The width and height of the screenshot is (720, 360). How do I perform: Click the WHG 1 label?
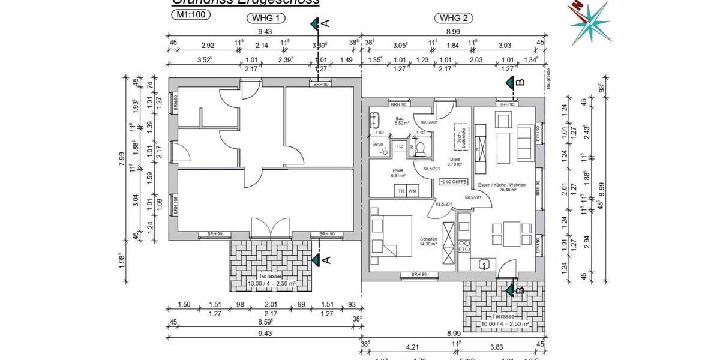265,18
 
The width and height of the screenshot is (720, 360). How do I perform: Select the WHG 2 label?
454,18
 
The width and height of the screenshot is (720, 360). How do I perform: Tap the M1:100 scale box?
190,16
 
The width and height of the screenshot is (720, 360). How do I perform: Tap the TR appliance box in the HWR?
400,191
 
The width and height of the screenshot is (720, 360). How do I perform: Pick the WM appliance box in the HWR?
412,191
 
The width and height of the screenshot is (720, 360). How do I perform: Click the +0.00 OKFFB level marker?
452,182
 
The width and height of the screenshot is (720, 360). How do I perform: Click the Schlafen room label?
428,239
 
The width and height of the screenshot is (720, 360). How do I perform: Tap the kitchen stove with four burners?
464,245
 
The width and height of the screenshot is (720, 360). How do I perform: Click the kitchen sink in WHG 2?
484,264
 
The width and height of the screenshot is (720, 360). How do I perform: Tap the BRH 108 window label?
176,206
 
